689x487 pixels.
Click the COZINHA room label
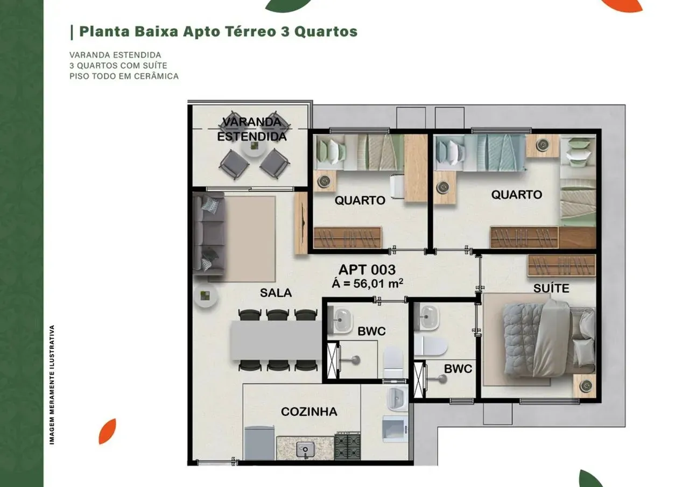(309, 412)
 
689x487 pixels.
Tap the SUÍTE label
(551, 288)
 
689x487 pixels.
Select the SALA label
(276, 293)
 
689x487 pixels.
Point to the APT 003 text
(367, 270)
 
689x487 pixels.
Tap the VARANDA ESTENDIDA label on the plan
(252, 129)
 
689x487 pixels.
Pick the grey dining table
(276, 340)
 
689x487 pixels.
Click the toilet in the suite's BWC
(431, 345)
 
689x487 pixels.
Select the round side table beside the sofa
(206, 296)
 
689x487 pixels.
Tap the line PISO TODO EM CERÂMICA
(124, 76)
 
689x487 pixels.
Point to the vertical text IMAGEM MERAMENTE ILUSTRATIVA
(52, 384)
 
